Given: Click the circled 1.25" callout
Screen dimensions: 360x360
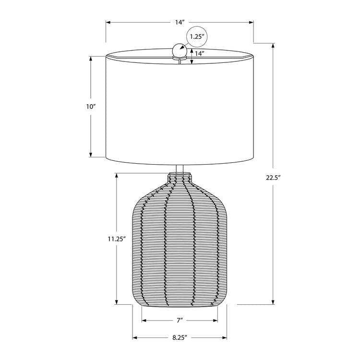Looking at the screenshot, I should pyautogui.click(x=197, y=36).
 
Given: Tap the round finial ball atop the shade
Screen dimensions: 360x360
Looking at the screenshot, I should pyautogui.click(x=180, y=49).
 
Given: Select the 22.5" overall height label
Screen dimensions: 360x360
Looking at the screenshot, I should pyautogui.click(x=273, y=177).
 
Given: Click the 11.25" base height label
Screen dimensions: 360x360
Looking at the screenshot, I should pyautogui.click(x=117, y=238).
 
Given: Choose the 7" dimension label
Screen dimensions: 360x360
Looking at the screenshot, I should pyautogui.click(x=180, y=320).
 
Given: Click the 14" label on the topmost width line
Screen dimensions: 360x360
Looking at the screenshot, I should pyautogui.click(x=180, y=23).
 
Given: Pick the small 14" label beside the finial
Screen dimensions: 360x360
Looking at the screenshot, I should pyautogui.click(x=199, y=54).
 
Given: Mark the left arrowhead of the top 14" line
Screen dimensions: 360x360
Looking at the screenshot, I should pyautogui.click(x=108, y=23).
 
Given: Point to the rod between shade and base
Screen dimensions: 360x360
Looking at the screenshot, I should pyautogui.click(x=180, y=168).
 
